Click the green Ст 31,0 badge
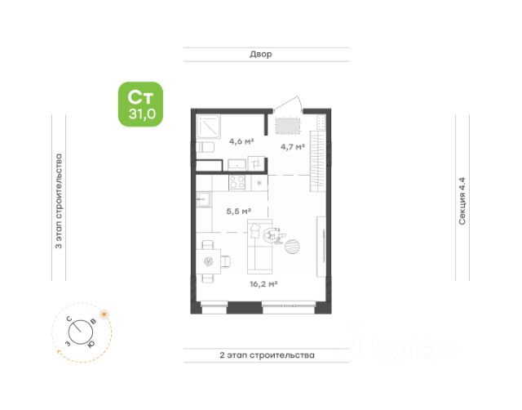pyautogui.click(x=141, y=105)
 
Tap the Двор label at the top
pyautogui.click(x=261, y=54)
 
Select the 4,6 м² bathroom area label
pyautogui.click(x=241, y=141)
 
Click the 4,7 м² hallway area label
pyautogui.click(x=293, y=147)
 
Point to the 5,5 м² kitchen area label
pyautogui.click(x=239, y=211)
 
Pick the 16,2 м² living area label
pyautogui.click(x=263, y=284)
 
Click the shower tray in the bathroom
pyautogui.click(x=209, y=127)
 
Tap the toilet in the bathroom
pyautogui.click(x=205, y=147)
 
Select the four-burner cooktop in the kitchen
pyautogui.click(x=237, y=183)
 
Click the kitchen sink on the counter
pyautogui.click(x=203, y=199)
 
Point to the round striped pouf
pyautogui.click(x=292, y=247)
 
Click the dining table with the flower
pyautogui.click(x=209, y=261)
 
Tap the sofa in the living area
pyautogui.click(x=259, y=246)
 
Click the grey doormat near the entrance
pyautogui.click(x=288, y=126)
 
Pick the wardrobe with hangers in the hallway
pyautogui.click(x=317, y=162)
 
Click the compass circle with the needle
pyautogui.click(x=81, y=332)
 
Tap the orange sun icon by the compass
pyautogui.click(x=104, y=314)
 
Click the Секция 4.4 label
pyautogui.click(x=462, y=201)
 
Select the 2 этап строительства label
pyautogui.click(x=267, y=355)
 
